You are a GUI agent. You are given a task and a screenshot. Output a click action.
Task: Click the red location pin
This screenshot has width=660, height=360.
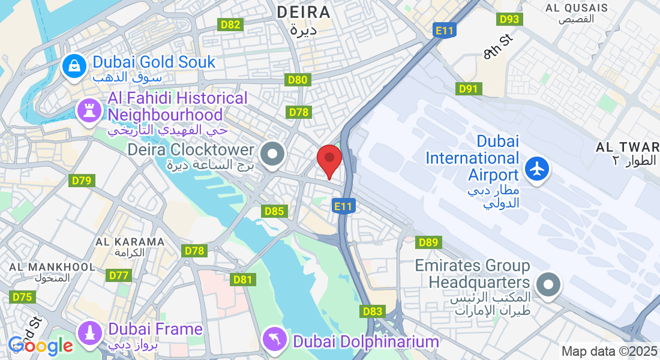point(329,160)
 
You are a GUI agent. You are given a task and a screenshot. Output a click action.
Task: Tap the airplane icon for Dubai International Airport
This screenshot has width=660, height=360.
point(537,168)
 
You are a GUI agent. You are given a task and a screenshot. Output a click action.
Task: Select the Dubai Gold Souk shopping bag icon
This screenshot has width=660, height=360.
point(74,66)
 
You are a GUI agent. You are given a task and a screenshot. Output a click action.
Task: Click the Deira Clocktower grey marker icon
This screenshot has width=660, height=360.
point(274,154)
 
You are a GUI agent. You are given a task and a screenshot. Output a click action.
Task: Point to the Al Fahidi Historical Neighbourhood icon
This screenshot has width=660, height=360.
point(89,111)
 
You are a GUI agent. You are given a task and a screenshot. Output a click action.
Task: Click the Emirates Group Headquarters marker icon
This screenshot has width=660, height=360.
point(548,284)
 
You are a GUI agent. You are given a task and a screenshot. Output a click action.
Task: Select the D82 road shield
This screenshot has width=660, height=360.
point(231,25)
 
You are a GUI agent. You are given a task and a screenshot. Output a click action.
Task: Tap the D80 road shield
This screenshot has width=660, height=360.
point(298,80)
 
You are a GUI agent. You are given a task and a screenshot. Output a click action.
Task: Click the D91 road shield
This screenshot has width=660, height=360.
point(469,89)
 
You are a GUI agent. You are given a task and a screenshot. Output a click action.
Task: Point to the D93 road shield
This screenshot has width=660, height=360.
point(509,19)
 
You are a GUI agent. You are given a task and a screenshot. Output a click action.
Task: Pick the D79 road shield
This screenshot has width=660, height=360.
point(82,181)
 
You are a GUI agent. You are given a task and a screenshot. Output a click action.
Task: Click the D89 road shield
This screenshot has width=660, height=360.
point(429,242)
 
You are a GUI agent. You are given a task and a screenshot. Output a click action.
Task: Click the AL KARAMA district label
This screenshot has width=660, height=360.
point(130,242)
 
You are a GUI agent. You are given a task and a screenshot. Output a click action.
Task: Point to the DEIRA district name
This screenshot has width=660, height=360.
point(304,12)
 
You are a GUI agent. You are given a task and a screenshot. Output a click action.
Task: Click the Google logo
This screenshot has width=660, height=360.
point(41,346)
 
